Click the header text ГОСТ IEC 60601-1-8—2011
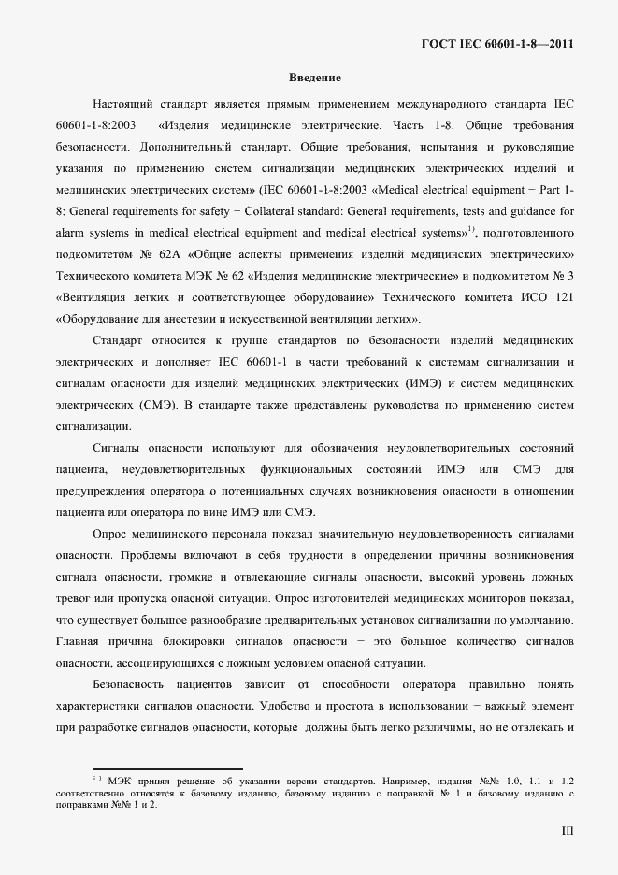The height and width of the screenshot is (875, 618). (498, 44)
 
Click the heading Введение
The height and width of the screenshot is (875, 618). (314, 78)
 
